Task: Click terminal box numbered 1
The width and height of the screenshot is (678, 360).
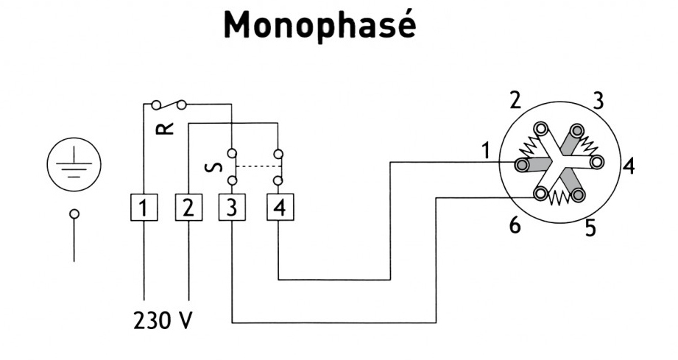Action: [x=144, y=208]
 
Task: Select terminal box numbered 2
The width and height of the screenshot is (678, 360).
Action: [x=188, y=208]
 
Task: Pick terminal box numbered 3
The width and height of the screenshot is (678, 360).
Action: [x=232, y=208]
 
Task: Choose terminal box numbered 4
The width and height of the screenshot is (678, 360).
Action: [x=278, y=208]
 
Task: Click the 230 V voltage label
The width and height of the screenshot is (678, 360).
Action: [x=162, y=322]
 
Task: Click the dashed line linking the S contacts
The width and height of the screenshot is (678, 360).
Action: [x=255, y=167]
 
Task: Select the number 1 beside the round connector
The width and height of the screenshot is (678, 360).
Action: [x=485, y=150]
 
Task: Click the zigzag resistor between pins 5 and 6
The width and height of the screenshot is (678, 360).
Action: [x=560, y=198]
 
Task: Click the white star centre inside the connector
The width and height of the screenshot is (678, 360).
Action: [x=561, y=162]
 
